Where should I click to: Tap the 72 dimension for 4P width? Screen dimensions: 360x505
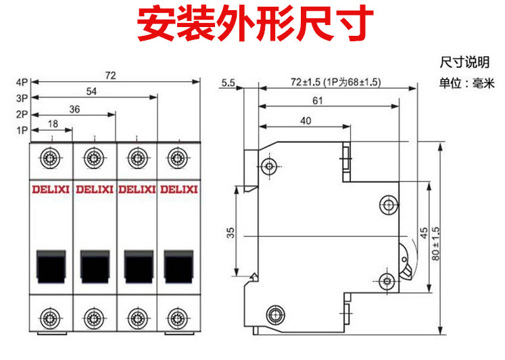coord(111,76)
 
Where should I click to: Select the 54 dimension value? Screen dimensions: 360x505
coord(91,91)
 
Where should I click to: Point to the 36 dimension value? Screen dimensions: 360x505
coord(74,109)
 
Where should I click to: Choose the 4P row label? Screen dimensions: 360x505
coord(21,83)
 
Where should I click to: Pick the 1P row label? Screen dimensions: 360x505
coord(21,129)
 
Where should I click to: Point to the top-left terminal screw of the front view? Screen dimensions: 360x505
coord(50,159)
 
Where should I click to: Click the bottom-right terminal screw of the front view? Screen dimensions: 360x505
coord(178,315)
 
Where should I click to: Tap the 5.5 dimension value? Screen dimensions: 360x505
coord(228,83)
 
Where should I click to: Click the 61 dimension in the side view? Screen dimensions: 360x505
coord(317,101)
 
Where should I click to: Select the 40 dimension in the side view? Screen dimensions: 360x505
coord(306,120)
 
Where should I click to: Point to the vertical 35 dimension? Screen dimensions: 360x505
coord(230,233)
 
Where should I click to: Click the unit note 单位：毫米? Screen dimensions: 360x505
coord(467,84)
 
